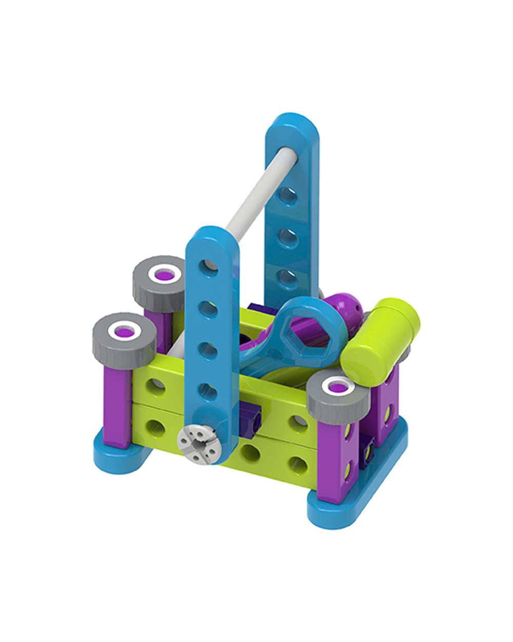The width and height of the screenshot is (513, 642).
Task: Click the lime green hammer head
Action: pyautogui.click(x=380, y=339)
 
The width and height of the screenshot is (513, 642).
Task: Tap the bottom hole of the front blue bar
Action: pyautogui.click(x=207, y=391)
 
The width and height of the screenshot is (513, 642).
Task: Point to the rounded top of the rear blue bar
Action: pyautogui.click(x=291, y=128)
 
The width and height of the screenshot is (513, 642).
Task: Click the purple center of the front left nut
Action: pyautogui.click(x=125, y=332)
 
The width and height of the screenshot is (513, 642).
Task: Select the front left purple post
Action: pyautogui.click(x=116, y=406)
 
